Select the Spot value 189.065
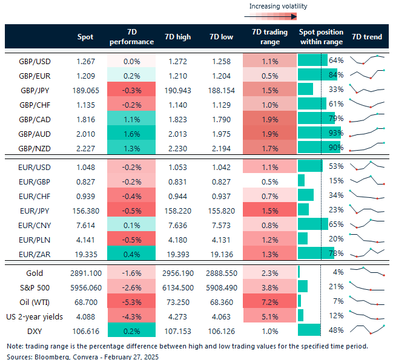pos(85,89)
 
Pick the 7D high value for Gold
pos(177,273)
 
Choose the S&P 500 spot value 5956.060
pos(85,287)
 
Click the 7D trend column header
pos(367,37)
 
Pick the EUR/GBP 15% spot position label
pos(336,180)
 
